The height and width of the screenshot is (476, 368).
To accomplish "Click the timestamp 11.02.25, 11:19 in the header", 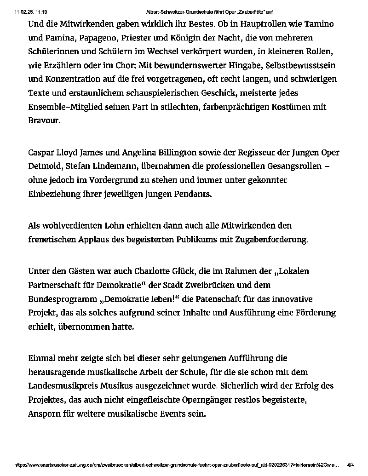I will pyautogui.click(x=28, y=11).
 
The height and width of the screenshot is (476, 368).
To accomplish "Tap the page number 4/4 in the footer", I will pyautogui.click(x=351, y=465).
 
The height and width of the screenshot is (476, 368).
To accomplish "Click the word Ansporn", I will pyautogui.click(x=46, y=413).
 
